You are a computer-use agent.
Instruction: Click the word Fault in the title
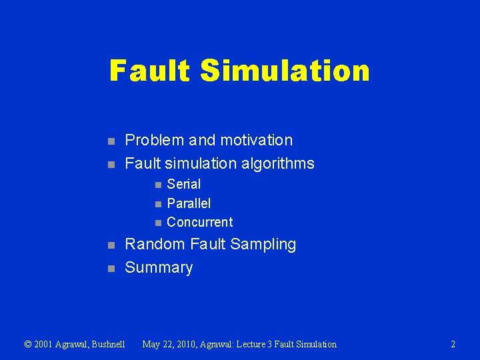tap(149, 71)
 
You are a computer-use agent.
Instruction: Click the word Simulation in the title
tap(284, 71)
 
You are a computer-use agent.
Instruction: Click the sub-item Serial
tap(183, 184)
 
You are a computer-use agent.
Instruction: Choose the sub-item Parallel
tap(189, 203)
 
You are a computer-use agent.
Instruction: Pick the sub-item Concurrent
tap(199, 222)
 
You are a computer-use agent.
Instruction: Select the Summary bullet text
tap(159, 267)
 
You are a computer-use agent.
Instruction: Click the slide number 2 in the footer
tap(453, 345)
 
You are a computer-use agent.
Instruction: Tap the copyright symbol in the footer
tap(27, 345)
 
